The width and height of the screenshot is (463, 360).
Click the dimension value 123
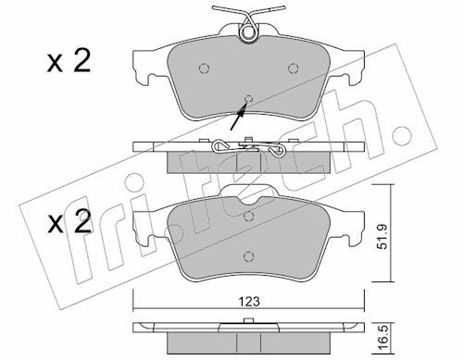coord(249,301)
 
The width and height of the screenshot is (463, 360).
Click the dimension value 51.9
coord(382,237)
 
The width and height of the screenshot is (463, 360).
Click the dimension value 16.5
coord(382,340)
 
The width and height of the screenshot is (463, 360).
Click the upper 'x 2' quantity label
coord(69,61)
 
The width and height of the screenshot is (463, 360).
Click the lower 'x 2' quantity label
coord(69,221)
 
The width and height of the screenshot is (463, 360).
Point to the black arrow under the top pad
coord(239,117)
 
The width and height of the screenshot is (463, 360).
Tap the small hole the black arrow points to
coord(249,99)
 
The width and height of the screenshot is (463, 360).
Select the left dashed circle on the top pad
coord(204,68)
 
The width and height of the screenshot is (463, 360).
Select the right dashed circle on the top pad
coord(293,68)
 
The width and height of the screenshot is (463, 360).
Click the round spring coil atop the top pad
coord(248,32)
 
